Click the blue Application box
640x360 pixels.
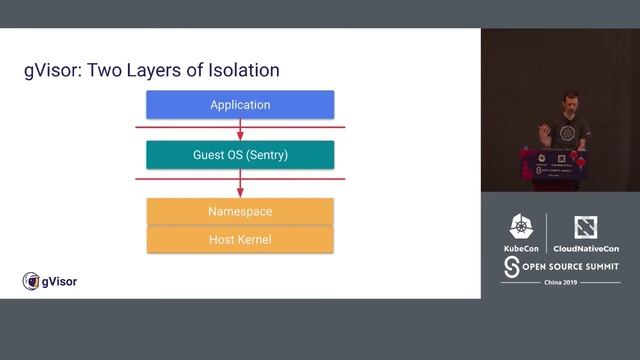click(x=240, y=104)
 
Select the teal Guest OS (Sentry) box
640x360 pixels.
click(x=240, y=155)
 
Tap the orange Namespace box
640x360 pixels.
click(x=240, y=211)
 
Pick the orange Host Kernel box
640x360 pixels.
click(x=240, y=239)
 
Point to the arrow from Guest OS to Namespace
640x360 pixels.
click(x=240, y=183)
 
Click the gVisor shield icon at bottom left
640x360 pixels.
click(x=30, y=282)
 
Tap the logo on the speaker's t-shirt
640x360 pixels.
click(x=569, y=132)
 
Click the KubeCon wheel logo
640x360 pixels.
click(x=522, y=226)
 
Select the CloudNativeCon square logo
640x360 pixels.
click(x=586, y=227)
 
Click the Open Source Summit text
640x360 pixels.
click(x=566, y=266)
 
